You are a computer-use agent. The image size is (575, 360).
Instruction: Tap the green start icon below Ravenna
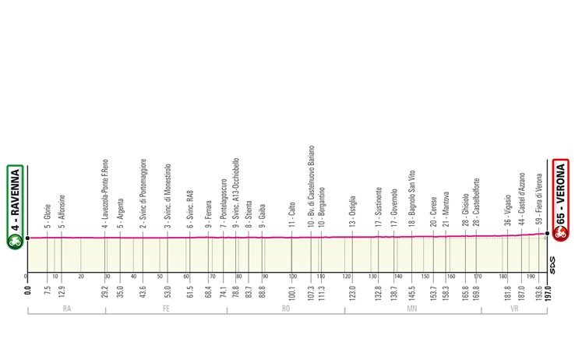(15, 241)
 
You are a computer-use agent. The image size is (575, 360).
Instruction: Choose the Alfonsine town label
(61, 210)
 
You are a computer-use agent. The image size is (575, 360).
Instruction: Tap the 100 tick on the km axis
(293, 277)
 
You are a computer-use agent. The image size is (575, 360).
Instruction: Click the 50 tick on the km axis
(160, 277)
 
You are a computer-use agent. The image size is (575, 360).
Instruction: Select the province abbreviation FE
(166, 309)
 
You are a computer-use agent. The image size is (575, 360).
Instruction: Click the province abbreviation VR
(513, 309)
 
